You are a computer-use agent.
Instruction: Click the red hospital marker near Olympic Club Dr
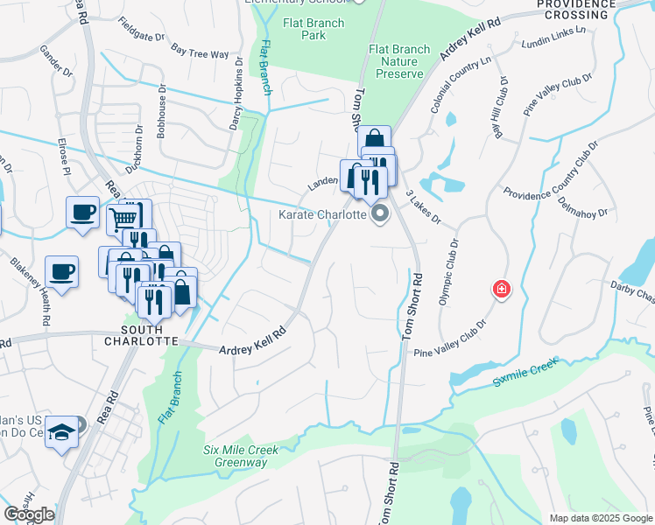501,288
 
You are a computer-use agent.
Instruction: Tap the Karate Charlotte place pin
380,213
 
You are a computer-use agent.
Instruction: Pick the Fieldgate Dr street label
141,31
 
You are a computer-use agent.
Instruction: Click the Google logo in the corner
29,514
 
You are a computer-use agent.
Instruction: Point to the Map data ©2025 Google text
601,518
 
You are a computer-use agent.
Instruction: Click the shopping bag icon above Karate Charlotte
373,140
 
